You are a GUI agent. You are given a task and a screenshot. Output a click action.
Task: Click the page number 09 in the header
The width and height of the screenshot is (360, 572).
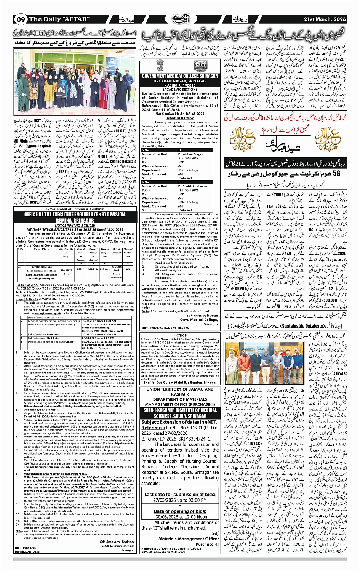[21, 19]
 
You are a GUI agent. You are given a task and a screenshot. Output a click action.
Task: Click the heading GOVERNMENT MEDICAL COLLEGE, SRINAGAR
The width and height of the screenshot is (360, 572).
[180, 76]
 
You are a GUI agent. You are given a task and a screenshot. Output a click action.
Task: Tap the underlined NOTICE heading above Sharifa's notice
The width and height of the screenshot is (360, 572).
[180, 336]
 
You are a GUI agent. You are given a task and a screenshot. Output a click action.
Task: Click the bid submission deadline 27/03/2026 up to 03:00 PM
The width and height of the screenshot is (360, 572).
[180, 500]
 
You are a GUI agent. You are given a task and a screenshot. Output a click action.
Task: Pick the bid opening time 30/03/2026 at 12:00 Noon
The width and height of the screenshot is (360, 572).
[180, 517]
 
